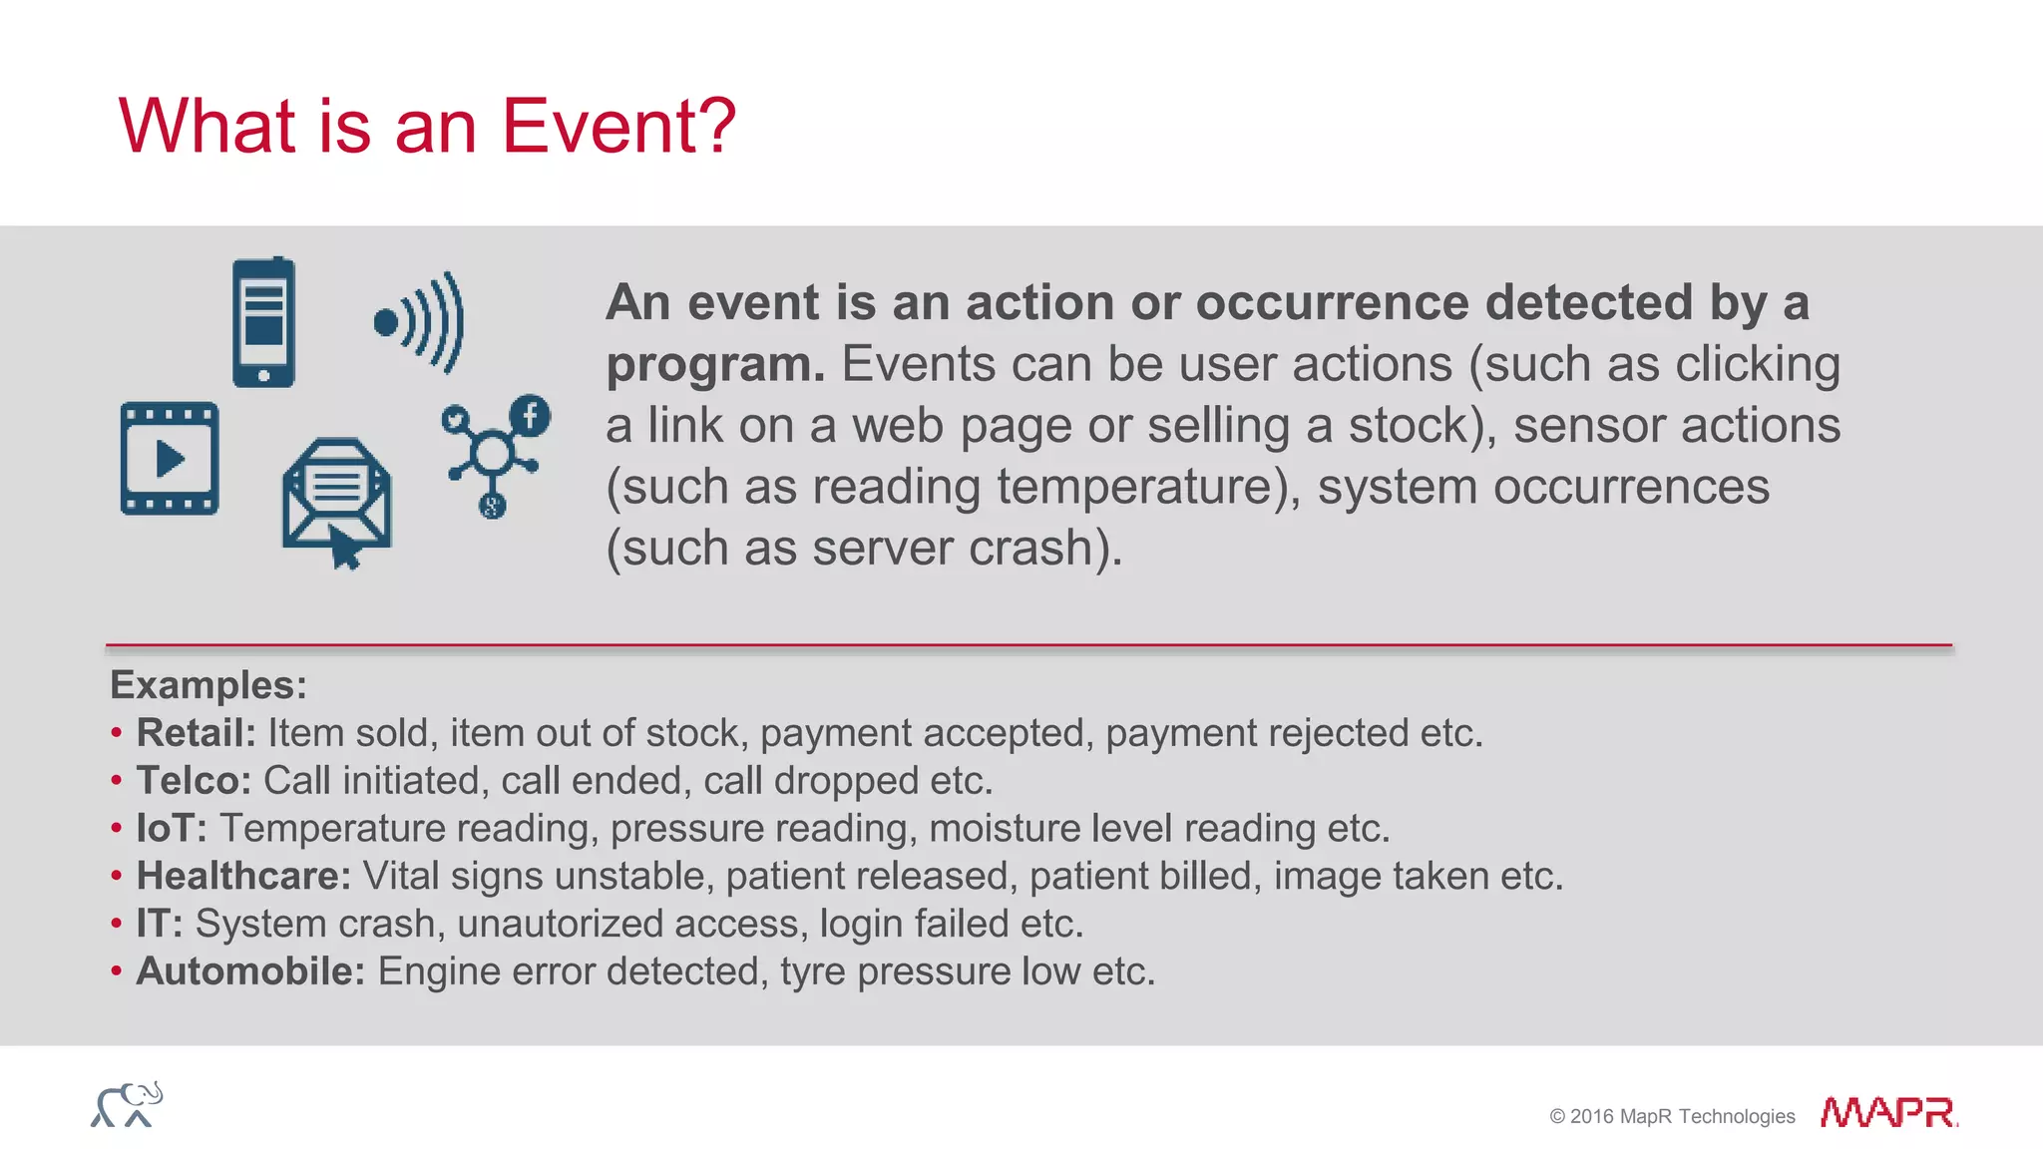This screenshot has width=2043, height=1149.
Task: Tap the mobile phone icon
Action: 263,322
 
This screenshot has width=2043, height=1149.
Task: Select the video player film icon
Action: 170,459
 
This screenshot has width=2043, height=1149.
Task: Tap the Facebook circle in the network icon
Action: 530,415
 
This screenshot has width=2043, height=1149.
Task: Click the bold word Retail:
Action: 197,733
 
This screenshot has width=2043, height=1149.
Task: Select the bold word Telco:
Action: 194,781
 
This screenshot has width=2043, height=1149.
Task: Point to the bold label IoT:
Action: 172,829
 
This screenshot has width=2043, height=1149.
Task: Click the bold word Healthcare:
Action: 243,876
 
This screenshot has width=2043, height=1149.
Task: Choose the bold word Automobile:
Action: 250,971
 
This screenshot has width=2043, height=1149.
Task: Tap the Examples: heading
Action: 208,685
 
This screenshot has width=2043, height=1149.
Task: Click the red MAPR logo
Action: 1887,1112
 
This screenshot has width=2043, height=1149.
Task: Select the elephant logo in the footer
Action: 127,1104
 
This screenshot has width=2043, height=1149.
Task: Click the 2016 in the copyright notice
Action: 1592,1117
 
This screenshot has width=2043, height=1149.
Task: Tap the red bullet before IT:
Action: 117,924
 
